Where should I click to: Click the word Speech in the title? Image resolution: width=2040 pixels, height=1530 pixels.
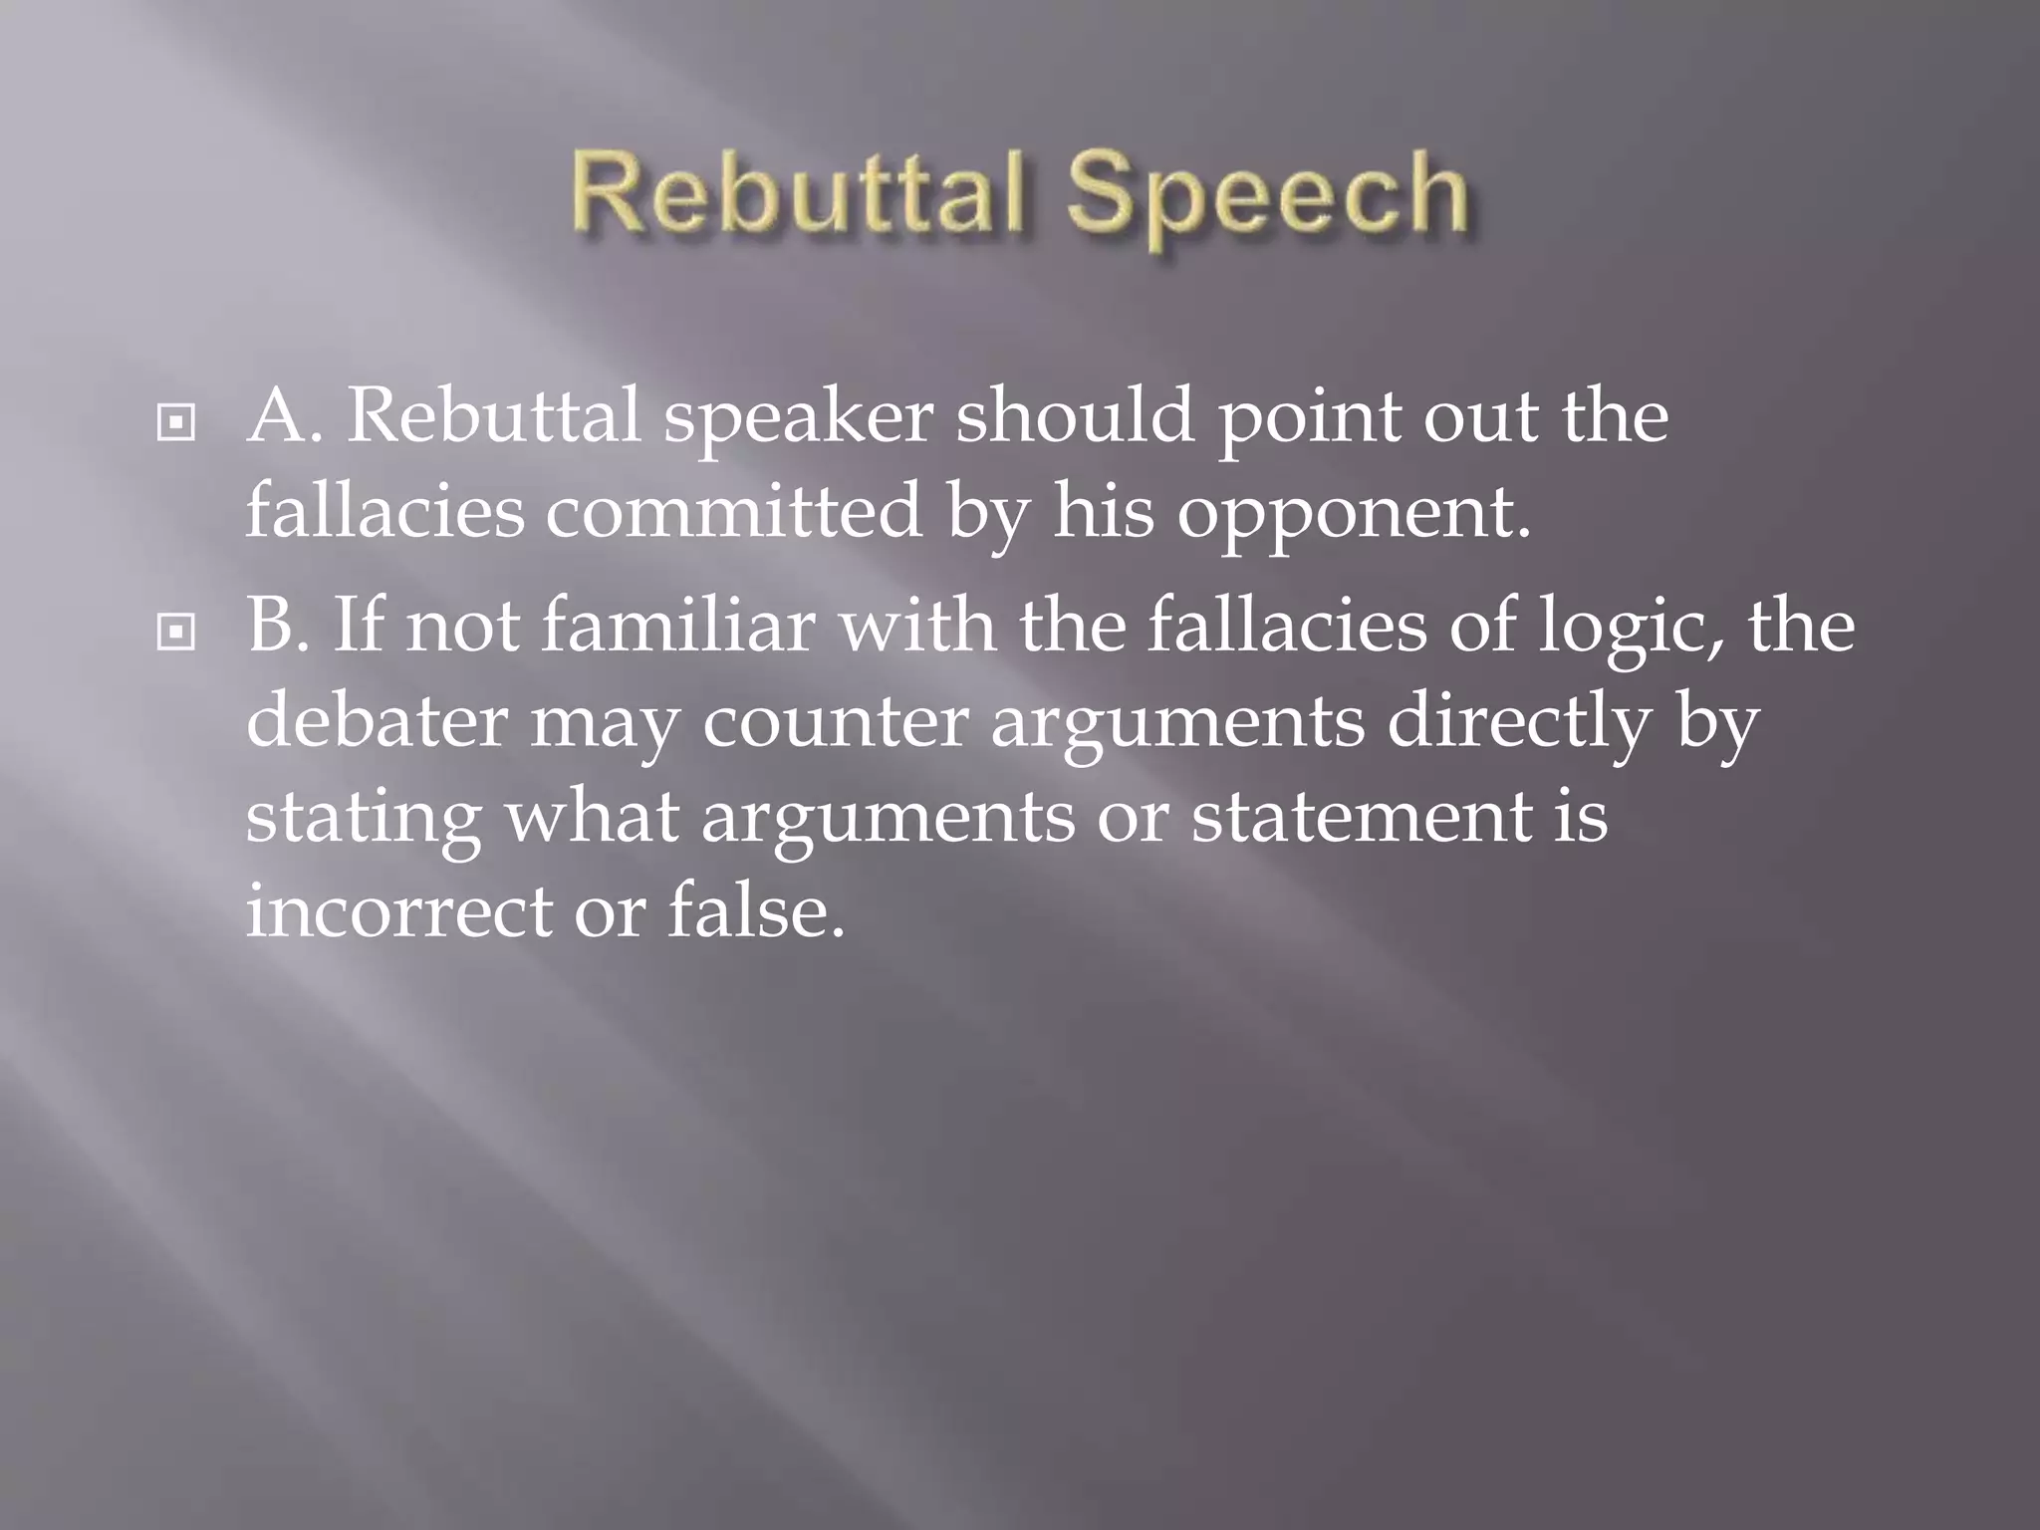1267,196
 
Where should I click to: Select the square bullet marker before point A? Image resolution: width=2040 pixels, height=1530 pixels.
176,424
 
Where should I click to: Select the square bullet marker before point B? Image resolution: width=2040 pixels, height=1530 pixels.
176,632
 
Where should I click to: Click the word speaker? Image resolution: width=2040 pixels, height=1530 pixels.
798,417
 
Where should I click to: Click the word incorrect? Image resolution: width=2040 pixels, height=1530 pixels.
398,911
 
